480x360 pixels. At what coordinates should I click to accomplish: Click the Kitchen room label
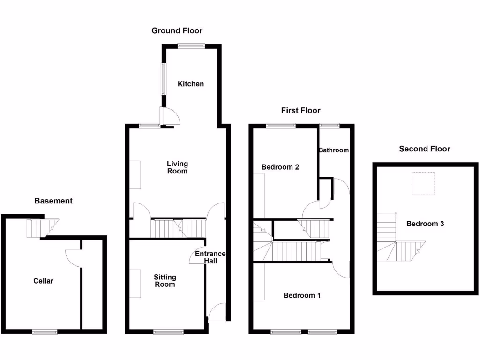191,84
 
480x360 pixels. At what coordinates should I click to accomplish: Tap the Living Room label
178,167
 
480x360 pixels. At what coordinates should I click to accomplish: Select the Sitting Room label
165,281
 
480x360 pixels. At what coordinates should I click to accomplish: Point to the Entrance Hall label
210,257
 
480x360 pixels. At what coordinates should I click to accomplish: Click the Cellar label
43,281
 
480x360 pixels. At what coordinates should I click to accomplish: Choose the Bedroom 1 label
302,295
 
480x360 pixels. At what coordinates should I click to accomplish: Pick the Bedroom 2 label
280,167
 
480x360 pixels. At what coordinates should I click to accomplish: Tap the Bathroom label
334,150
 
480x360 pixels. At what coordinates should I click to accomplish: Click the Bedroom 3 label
425,224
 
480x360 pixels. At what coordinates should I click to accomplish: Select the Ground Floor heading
177,31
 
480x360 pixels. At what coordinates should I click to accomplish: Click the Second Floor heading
425,149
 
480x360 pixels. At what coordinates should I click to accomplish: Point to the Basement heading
53,201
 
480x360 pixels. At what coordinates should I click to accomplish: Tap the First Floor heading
301,111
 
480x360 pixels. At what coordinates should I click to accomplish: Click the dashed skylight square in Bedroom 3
423,183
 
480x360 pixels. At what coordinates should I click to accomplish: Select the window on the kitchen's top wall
191,45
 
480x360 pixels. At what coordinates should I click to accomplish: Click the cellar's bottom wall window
45,332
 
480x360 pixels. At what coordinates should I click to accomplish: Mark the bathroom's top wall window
330,125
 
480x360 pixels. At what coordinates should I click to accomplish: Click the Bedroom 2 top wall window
281,125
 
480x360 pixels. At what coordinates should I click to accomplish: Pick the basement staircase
39,228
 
